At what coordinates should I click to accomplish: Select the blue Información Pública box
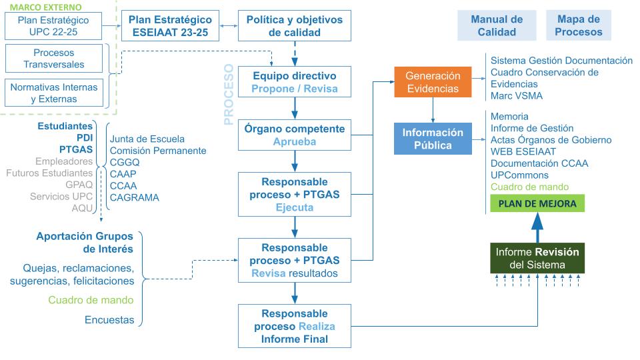[433, 139]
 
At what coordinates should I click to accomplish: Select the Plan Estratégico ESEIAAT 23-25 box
[170, 26]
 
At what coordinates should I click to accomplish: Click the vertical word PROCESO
[228, 95]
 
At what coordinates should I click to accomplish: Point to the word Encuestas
[109, 320]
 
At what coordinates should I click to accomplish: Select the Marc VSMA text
[516, 95]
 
